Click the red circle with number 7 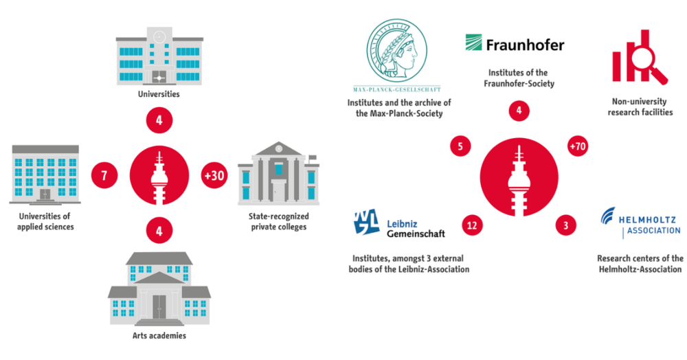[104, 176]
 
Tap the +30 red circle [214, 176]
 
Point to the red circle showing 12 [471, 225]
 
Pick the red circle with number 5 [460, 146]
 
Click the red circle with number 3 [565, 225]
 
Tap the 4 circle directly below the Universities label [159, 121]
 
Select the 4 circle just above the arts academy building [159, 231]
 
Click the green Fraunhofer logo [515, 45]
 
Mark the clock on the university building [159, 36]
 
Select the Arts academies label [159, 335]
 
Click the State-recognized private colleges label [278, 221]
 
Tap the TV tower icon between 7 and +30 [159, 176]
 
